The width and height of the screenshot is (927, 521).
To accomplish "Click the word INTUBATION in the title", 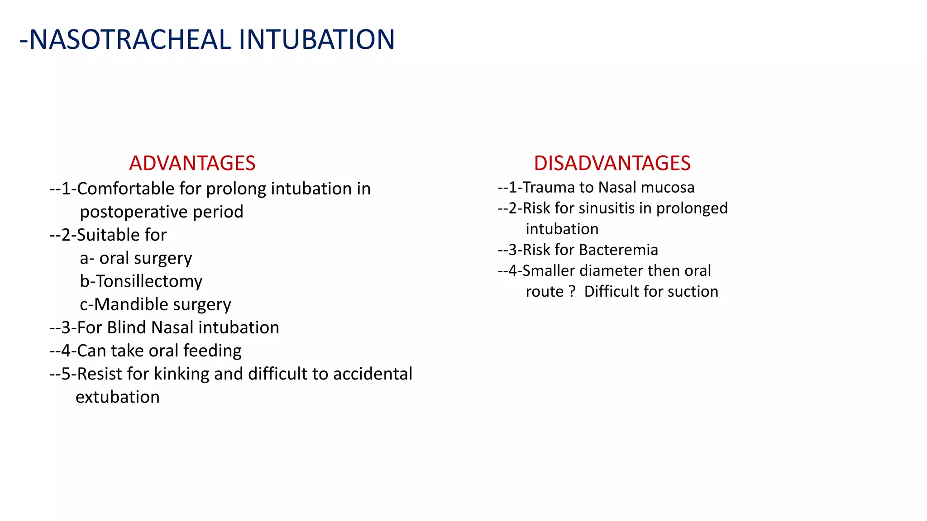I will tap(316, 39).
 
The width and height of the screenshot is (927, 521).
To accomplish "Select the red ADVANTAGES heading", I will tap(192, 163).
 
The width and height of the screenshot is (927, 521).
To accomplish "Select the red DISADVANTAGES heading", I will tap(612, 163).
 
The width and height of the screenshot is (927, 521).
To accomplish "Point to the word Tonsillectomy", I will tap(148, 281).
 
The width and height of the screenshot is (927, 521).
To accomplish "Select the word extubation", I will tap(118, 397).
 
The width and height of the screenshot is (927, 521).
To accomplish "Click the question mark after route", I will tap(573, 291).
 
